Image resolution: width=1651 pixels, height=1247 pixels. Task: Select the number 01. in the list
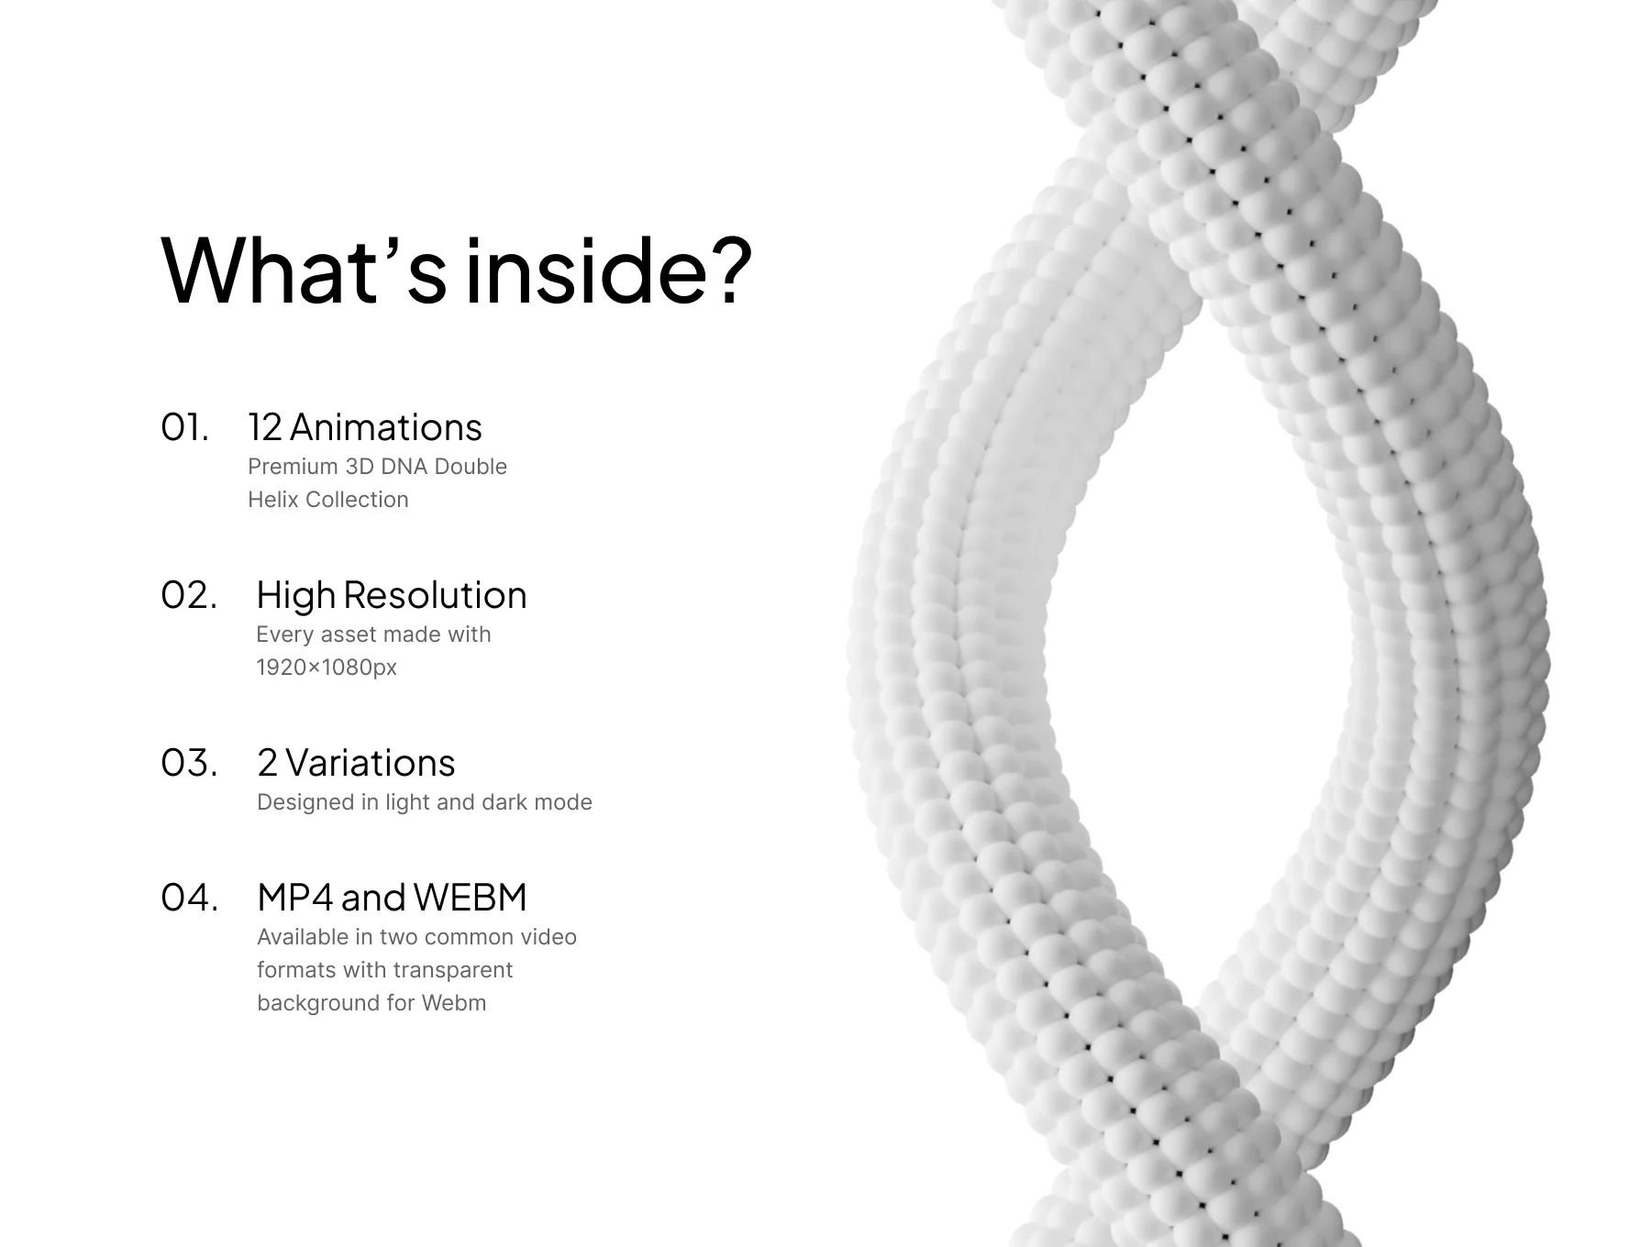point(185,427)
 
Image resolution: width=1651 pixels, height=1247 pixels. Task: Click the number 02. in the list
point(189,595)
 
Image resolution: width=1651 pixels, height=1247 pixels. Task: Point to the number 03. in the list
point(190,763)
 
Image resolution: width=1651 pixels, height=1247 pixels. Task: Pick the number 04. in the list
point(190,898)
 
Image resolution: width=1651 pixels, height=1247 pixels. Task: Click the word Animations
point(386,427)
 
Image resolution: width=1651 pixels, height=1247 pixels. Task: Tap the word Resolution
point(436,595)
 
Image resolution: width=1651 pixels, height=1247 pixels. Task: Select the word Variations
point(371,763)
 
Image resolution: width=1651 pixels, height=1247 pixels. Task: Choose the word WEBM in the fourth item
point(471,898)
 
